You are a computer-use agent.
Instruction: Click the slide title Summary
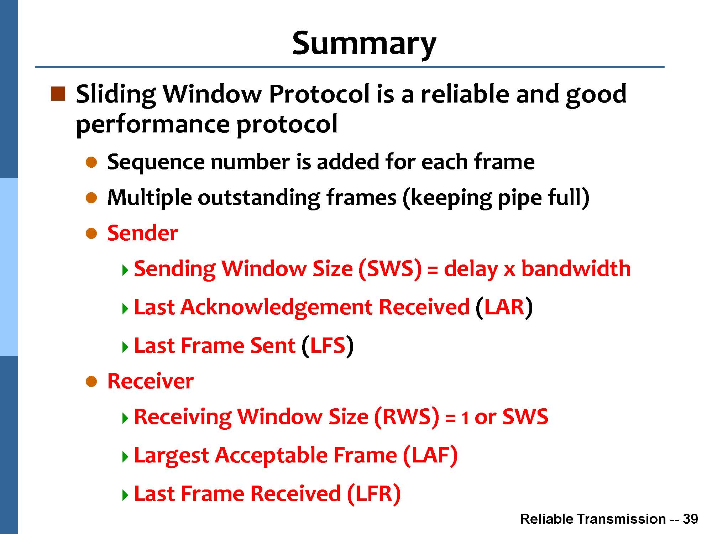click(364, 44)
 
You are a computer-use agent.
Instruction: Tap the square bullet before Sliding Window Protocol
click(58, 94)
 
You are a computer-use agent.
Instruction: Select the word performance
click(153, 125)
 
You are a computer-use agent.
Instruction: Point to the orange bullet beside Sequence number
click(91, 163)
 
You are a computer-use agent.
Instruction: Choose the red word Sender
click(142, 233)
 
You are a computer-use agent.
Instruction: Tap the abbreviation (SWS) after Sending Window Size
click(390, 269)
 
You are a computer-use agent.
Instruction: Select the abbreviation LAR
click(504, 307)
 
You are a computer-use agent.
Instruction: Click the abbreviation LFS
click(328, 345)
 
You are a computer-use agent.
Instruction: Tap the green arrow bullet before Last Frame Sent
click(125, 347)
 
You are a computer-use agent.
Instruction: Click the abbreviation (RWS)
click(407, 417)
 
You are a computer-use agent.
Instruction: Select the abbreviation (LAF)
click(430, 455)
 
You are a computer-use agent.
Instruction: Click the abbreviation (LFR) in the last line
click(374, 494)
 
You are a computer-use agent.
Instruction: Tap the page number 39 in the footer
click(690, 519)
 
